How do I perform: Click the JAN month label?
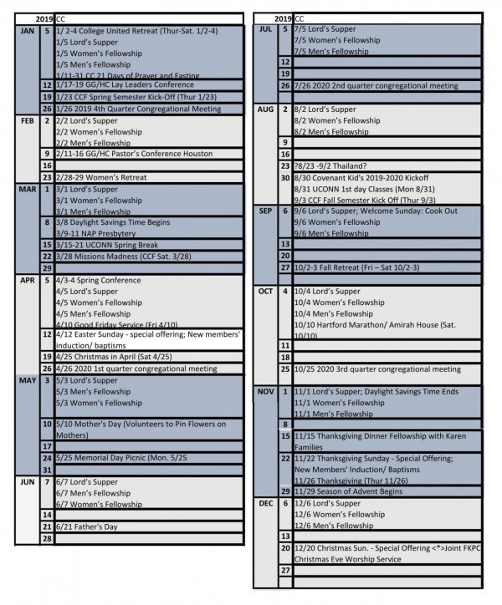point(26,30)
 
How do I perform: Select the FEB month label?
point(26,120)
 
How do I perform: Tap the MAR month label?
point(26,190)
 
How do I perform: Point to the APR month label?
point(26,281)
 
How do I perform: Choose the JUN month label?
point(26,483)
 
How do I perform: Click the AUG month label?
point(266,109)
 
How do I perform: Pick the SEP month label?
point(266,212)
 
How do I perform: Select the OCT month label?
point(266,292)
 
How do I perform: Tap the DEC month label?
point(266,504)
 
